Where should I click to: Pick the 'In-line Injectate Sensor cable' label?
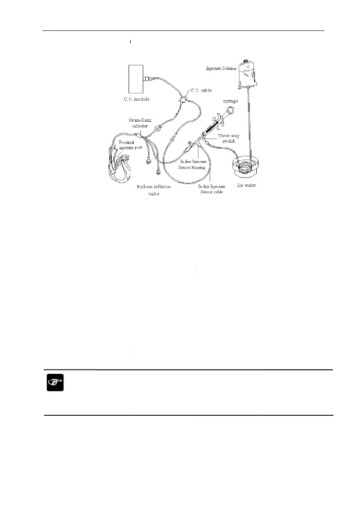coord(211,189)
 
